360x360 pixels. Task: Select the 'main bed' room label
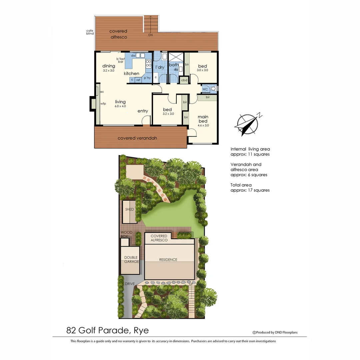click(x=203, y=119)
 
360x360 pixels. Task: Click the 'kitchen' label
click(x=132, y=73)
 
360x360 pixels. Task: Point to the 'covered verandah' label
click(x=137, y=138)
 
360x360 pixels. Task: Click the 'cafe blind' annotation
click(x=90, y=32)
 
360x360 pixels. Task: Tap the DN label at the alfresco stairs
click(x=150, y=35)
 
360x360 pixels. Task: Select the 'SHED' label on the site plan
click(x=129, y=209)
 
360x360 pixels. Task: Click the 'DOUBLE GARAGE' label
click(x=131, y=259)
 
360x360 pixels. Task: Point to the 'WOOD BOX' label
click(x=126, y=234)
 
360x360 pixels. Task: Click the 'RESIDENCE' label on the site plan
click(x=168, y=260)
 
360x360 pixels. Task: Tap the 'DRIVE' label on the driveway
click(x=130, y=284)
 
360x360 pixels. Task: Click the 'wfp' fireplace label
click(x=103, y=104)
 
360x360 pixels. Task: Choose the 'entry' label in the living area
click(x=143, y=111)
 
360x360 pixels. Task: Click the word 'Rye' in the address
click(x=141, y=330)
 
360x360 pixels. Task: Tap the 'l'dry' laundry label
click(x=160, y=67)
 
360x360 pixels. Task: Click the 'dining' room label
click(x=109, y=66)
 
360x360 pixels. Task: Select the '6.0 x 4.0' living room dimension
click(x=120, y=106)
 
